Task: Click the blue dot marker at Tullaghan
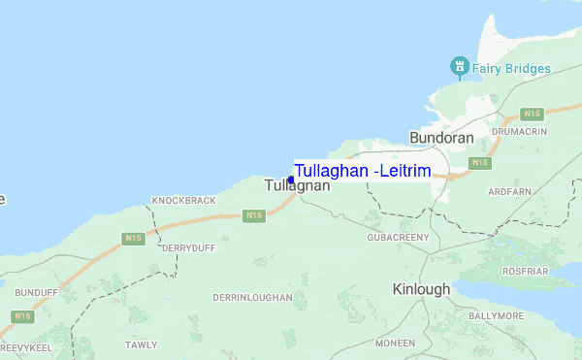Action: coord(291,180)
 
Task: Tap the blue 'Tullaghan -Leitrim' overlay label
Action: coord(362,171)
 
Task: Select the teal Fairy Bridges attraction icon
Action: coord(458,67)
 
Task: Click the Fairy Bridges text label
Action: coord(511,68)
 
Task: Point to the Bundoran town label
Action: coord(441,138)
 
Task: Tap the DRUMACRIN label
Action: coord(520,131)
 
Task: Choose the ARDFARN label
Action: coord(513,192)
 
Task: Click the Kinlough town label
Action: coord(421,289)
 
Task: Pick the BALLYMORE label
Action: coord(524,316)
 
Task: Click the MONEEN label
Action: coord(395,344)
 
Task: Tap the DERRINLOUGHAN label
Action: coord(251,297)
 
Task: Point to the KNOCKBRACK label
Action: coord(183,200)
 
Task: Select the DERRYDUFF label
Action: coord(187,247)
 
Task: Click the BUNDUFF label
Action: coord(37,289)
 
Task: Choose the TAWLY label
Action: coord(141,344)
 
